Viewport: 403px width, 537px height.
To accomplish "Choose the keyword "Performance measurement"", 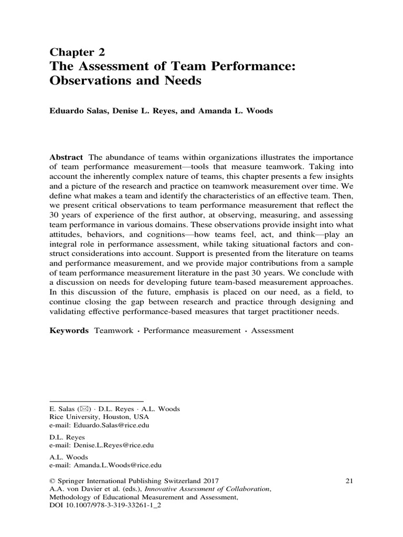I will (189, 331).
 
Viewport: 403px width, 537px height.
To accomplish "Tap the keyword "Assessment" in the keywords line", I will (272, 331).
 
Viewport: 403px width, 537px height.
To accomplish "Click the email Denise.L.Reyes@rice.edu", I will (112, 445).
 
